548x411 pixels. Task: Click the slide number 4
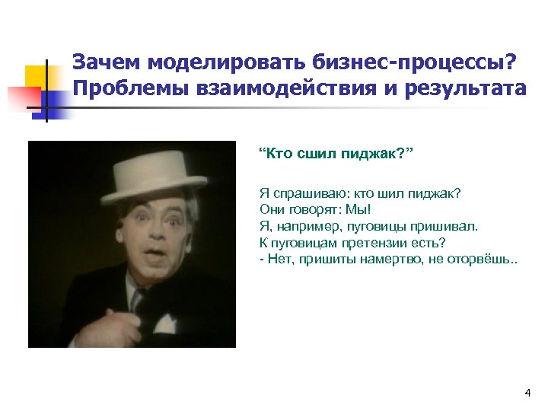527,393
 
